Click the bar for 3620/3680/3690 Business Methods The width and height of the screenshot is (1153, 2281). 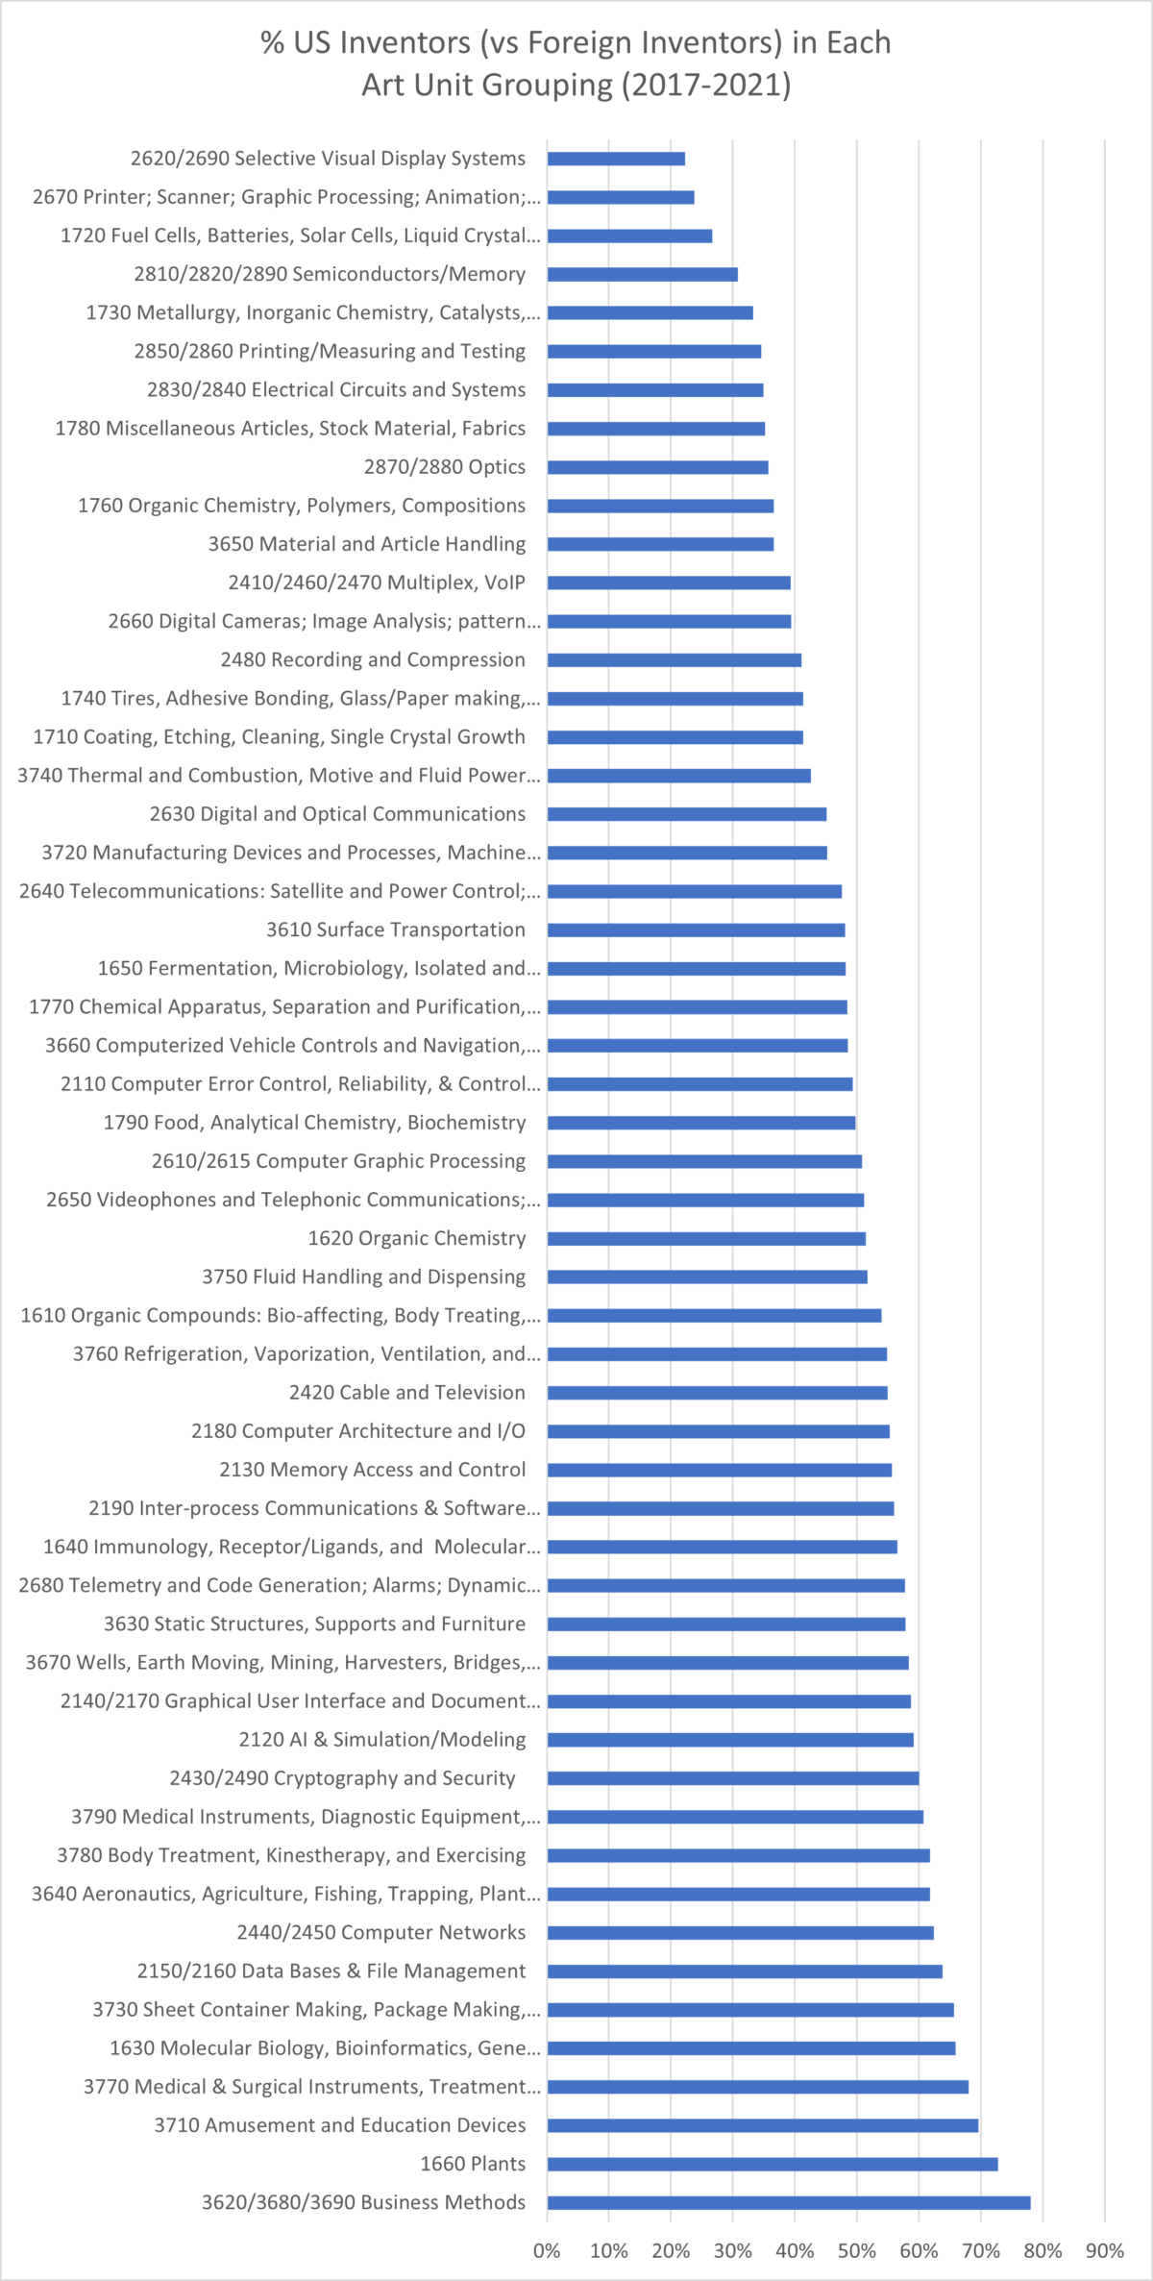click(x=788, y=2202)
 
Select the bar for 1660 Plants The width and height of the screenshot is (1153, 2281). click(x=773, y=2164)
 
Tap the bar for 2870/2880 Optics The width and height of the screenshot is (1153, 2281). click(x=657, y=467)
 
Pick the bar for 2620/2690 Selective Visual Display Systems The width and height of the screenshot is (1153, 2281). click(x=616, y=159)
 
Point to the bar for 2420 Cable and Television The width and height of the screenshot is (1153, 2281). click(x=717, y=1393)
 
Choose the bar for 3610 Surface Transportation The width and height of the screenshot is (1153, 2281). click(x=696, y=930)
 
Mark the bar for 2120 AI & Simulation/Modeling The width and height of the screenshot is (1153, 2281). click(x=730, y=1740)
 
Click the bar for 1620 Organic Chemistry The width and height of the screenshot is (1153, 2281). click(x=706, y=1238)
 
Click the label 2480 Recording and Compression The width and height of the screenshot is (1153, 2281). click(x=373, y=659)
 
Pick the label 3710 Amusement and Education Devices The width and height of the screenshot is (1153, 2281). click(x=340, y=2125)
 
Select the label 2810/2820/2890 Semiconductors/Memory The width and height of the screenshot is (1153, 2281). click(x=330, y=274)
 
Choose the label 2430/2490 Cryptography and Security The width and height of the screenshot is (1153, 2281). click(x=342, y=1778)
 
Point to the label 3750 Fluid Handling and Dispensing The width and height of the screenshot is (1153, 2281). click(x=363, y=1277)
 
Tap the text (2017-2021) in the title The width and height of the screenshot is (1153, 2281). click(x=706, y=86)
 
